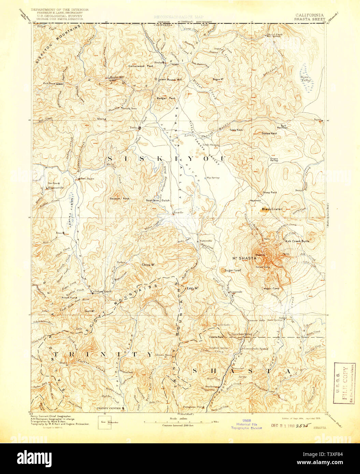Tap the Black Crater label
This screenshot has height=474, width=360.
[272, 209]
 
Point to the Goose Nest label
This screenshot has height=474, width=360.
[269, 133]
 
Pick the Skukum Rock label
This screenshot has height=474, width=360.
[119, 198]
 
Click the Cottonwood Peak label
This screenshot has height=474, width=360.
[140, 65]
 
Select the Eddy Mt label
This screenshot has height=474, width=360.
[192, 288]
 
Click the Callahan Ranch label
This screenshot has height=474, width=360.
[101, 291]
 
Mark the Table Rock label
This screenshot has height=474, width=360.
[236, 130]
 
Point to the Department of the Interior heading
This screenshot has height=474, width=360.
[60, 10]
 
